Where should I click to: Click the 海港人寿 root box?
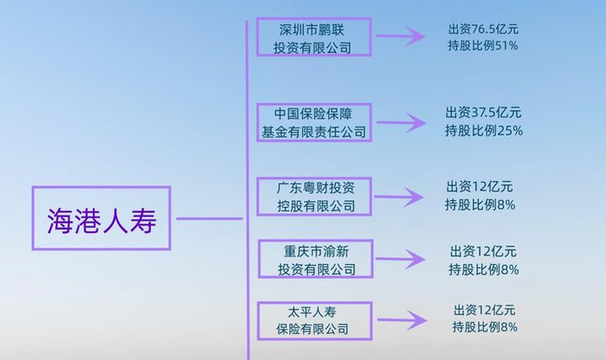101,218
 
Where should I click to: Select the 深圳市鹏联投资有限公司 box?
313,38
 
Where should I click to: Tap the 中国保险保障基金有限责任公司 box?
313,123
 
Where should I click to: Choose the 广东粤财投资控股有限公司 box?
315,196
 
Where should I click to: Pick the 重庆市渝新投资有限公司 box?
316,259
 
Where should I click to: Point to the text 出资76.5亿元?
478,29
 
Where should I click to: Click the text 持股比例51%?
478,45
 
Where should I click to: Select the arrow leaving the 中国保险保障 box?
400,124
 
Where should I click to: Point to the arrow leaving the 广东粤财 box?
400,196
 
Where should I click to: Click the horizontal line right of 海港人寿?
210,218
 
